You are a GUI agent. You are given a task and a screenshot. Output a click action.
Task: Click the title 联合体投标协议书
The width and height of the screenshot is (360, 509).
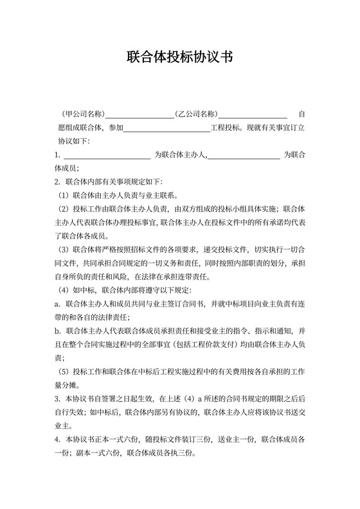179,57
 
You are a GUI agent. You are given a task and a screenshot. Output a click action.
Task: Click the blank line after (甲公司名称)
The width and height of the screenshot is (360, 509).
140,116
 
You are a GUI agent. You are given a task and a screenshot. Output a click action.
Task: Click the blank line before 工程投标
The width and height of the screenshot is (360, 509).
166,129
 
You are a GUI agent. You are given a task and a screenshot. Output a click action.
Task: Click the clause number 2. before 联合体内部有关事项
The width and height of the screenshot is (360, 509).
57,181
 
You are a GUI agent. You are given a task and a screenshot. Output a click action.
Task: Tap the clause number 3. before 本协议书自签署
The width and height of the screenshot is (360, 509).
57,399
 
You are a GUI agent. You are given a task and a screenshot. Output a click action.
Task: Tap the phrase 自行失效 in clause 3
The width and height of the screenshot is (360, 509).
69,412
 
